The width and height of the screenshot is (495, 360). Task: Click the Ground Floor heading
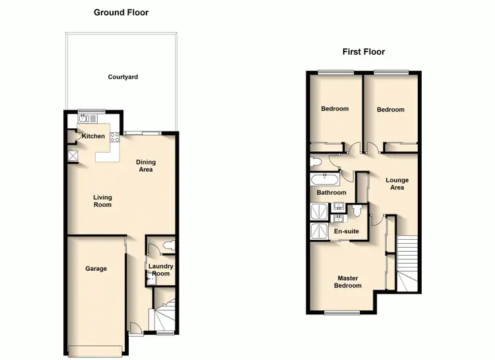121,13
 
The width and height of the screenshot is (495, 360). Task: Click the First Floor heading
363,52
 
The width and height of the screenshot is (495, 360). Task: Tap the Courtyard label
123,77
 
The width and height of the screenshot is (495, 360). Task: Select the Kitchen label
93,136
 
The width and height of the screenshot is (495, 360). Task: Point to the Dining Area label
145,166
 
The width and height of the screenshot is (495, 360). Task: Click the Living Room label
102,200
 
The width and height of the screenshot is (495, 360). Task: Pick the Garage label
96,269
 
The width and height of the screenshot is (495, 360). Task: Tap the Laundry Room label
160,270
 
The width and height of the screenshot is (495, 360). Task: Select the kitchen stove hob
114,138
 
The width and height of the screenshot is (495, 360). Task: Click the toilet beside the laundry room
168,246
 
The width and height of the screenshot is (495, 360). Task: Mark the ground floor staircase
164,315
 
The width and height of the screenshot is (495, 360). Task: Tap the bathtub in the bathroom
325,178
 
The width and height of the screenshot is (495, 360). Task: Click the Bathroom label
331,193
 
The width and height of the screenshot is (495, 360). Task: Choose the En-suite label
346,232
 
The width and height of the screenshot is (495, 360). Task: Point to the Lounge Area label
397,184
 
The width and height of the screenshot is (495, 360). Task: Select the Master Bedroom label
347,282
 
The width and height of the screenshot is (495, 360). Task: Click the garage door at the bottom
96,350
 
